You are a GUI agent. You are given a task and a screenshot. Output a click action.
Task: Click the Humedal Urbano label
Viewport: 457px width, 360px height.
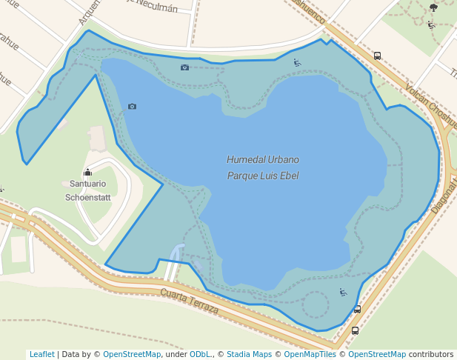263,159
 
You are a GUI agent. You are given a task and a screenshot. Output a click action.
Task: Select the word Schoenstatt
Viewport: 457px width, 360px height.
87,197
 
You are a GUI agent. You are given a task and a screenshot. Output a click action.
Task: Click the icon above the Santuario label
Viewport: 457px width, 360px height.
87,172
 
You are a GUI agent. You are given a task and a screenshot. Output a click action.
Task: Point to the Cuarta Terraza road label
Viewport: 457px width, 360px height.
190,299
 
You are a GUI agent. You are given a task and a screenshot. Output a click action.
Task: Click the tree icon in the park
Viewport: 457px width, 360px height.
433,7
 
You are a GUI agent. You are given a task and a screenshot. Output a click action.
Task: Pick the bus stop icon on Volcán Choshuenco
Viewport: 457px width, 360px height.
377,56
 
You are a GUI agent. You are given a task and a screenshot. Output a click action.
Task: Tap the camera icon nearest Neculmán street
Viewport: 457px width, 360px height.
184,67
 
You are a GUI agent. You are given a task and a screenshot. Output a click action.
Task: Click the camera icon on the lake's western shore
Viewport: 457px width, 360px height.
132,106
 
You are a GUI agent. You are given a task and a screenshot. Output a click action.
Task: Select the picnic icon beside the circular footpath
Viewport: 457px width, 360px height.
343,292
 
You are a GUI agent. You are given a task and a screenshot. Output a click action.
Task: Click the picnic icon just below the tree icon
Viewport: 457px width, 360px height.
431,24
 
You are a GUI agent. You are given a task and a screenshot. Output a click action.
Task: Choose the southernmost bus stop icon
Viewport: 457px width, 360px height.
355,330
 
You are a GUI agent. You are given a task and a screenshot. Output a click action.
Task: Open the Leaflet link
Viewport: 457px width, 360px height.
41,355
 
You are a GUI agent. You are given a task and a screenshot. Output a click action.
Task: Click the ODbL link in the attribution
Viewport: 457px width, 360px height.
200,355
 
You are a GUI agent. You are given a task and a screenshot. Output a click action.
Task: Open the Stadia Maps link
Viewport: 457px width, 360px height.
249,355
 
